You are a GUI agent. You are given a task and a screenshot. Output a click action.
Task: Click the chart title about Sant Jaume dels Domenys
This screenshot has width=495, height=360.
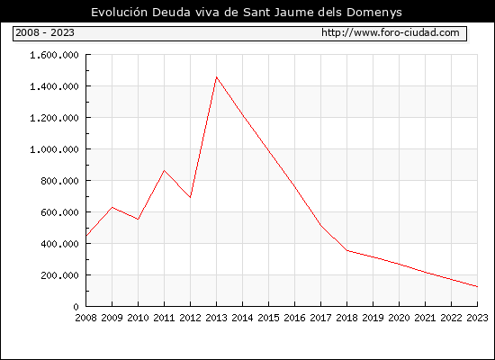point(247,13)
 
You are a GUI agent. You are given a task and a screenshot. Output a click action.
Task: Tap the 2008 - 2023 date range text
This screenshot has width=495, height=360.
point(45,32)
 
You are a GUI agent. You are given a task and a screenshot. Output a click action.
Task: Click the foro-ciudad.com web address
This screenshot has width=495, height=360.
point(391,32)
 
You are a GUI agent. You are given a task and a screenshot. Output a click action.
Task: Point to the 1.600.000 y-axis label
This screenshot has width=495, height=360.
point(54,55)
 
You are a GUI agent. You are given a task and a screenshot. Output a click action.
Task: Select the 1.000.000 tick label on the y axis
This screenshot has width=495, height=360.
point(54,149)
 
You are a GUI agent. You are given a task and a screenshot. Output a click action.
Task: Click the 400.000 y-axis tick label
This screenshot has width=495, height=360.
point(59,244)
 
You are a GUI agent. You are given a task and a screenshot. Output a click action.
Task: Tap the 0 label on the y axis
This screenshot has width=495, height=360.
point(76,307)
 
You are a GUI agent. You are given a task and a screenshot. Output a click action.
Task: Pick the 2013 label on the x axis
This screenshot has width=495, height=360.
point(216,318)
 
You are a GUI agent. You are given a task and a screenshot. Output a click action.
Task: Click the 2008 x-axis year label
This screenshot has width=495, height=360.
point(85,318)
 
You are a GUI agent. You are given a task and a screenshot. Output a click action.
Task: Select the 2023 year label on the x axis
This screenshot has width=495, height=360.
point(477,318)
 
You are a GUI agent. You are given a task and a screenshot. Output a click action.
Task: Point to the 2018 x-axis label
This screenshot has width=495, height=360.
point(346,318)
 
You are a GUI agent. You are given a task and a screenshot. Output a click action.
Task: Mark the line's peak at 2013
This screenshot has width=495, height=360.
point(216,77)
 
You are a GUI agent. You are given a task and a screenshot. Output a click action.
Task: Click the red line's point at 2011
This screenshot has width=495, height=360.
point(164,170)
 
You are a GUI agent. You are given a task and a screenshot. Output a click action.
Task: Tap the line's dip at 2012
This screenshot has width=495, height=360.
point(191,197)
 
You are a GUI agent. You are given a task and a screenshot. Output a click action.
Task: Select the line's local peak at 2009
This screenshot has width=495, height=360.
point(112,208)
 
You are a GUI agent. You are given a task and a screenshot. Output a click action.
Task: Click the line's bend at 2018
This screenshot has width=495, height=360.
point(346,251)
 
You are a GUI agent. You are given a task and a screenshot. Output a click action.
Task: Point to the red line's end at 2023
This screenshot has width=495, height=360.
point(477,287)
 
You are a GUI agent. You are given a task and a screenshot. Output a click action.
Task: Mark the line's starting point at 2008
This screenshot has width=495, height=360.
point(86,236)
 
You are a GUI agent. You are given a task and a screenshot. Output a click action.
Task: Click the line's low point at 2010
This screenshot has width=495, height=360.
point(139,220)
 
